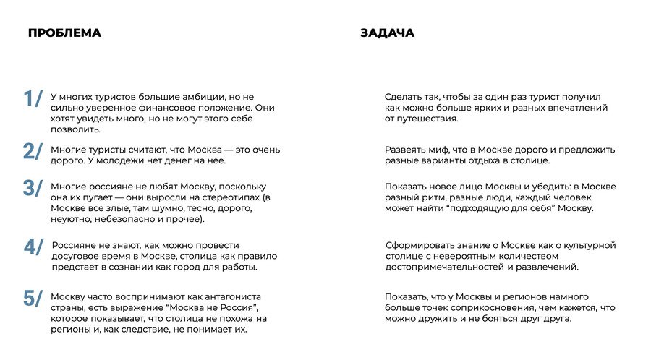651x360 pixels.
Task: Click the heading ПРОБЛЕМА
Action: tap(64, 33)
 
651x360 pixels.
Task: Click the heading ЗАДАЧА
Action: tap(388, 33)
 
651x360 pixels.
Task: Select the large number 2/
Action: tap(33, 150)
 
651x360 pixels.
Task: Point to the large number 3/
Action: tap(33, 188)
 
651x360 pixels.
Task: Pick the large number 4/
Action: tap(33, 247)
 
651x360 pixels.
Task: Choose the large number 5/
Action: tap(33, 298)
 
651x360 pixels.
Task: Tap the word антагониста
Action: tap(229, 297)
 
